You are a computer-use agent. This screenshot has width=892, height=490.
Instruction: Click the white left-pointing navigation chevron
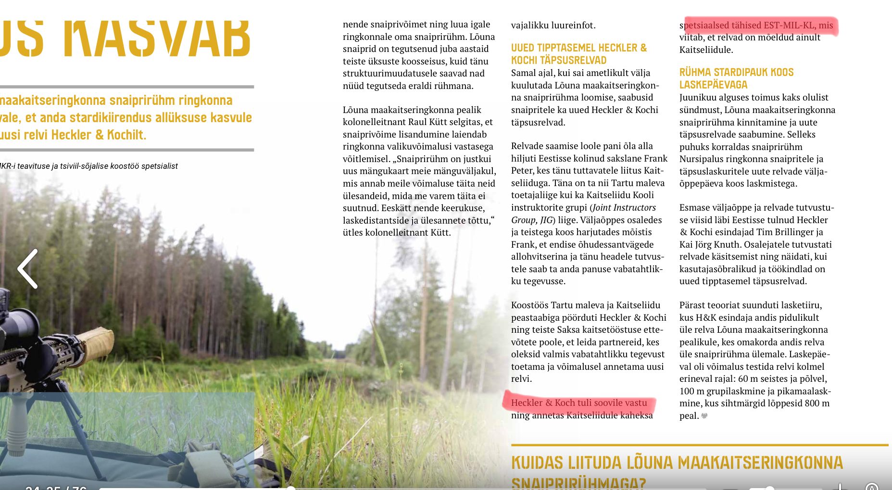tap(28, 269)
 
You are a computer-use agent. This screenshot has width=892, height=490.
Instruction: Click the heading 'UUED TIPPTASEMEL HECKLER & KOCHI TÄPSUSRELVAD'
tap(578, 54)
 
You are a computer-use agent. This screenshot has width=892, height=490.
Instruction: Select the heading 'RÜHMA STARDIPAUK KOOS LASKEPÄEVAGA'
tap(736, 78)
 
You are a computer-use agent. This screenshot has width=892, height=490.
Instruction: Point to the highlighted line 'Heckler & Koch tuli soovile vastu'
tap(578, 403)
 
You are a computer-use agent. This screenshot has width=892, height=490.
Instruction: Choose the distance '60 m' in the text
tap(748, 379)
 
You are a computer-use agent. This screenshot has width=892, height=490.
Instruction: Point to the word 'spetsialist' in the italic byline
tap(157, 166)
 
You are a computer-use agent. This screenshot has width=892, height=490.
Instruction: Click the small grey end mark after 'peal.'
tap(704, 416)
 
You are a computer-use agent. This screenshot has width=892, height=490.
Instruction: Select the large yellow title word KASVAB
tap(157, 38)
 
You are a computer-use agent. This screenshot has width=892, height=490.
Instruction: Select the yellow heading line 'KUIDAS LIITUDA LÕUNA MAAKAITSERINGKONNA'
tap(677, 463)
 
